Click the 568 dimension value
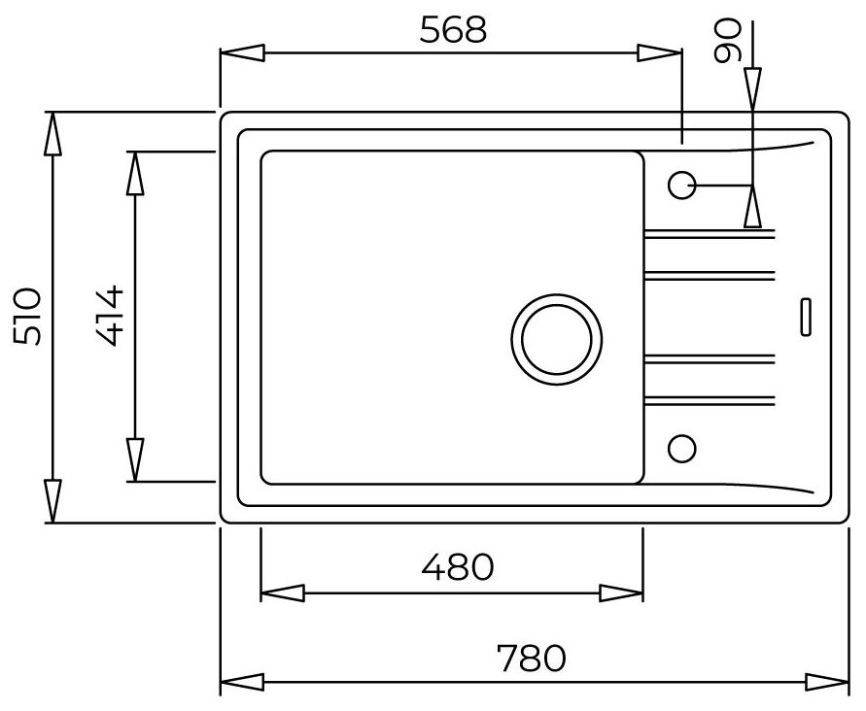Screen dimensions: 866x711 451,31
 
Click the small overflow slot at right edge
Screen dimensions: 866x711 805,318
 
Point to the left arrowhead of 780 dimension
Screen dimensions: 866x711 243,681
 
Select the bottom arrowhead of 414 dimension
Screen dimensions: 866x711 135,458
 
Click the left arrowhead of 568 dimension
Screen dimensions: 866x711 243,54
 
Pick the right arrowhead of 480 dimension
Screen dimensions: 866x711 619,592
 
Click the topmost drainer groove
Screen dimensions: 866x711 710,233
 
